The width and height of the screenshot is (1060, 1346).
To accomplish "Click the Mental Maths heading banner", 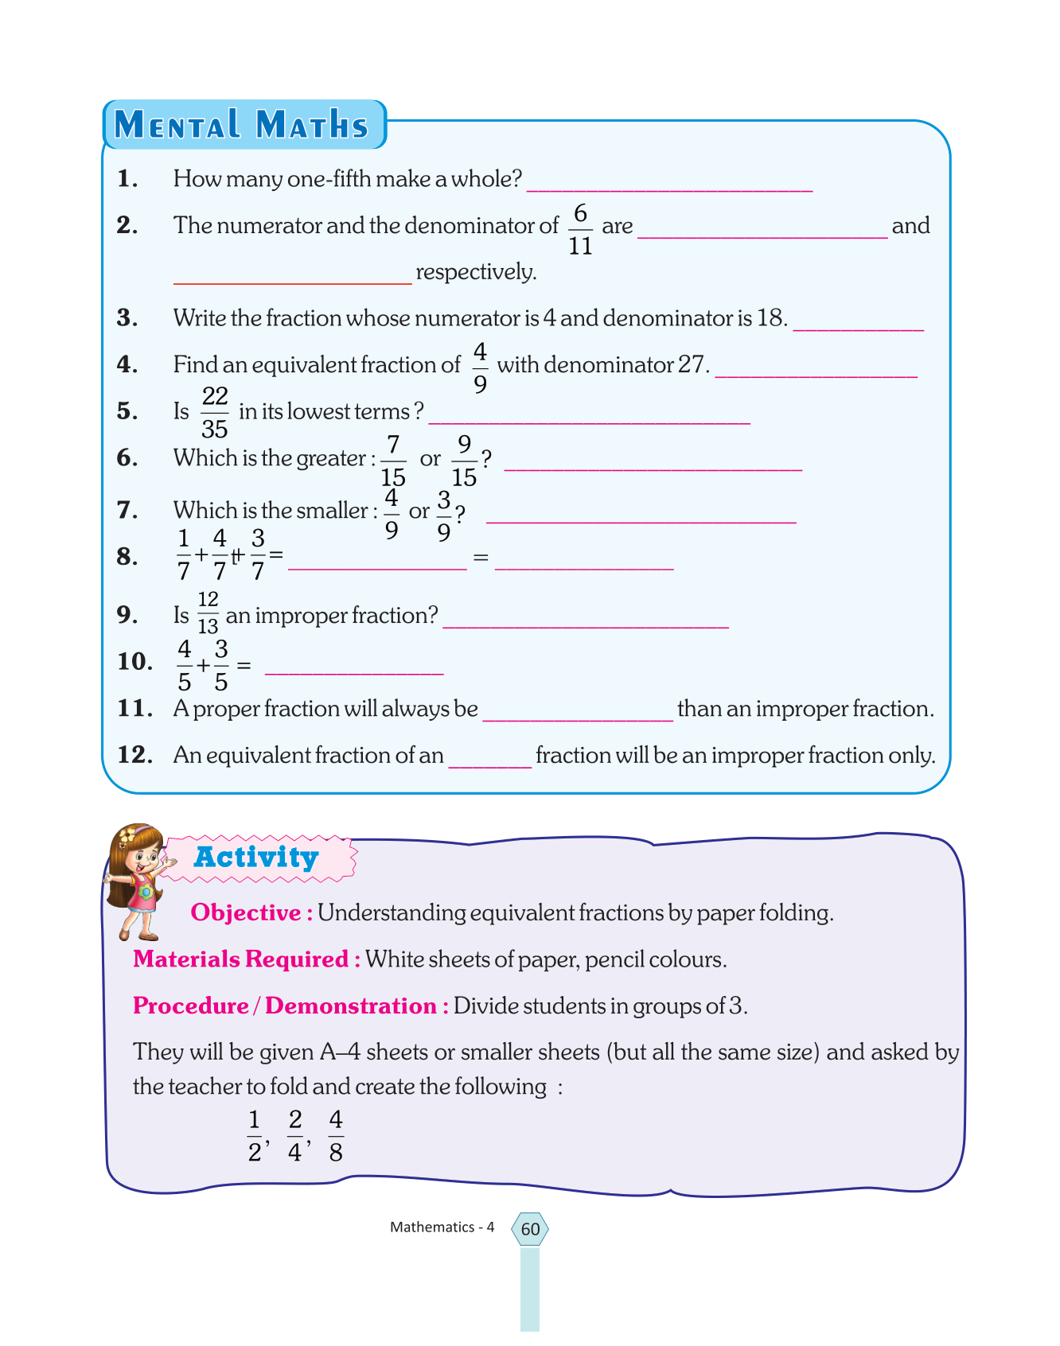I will coord(243,125).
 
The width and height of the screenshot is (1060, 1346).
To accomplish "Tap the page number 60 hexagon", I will coord(530,1229).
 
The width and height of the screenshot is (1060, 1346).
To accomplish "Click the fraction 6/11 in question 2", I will coord(580,229).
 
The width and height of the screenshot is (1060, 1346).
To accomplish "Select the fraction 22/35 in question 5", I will coord(215,412).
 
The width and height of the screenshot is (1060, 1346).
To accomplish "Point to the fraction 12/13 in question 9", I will coord(208,613).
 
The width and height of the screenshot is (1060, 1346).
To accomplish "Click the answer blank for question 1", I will coord(669,185).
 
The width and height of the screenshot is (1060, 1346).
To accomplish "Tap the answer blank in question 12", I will coord(489,761).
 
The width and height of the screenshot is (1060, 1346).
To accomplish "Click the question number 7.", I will coord(127,510).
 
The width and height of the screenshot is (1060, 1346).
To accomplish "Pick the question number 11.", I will coord(134,708).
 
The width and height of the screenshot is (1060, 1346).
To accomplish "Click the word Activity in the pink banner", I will coord(256,857).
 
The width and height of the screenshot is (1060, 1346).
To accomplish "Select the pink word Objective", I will coord(245,912).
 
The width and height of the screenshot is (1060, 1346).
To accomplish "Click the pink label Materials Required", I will coord(241,959).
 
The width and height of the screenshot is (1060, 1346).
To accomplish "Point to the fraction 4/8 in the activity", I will coord(336,1136).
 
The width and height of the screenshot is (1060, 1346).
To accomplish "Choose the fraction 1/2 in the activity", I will coord(255,1136).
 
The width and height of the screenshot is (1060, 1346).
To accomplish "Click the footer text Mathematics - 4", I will coord(442,1227).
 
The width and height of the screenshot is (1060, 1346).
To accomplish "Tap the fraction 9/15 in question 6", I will coord(464,461).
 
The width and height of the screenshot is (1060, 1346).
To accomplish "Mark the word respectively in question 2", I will coord(476,272).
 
